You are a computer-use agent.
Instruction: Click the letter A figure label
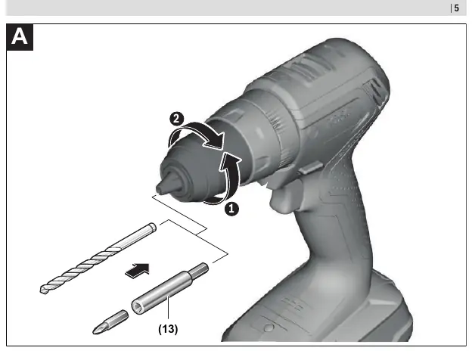(20, 37)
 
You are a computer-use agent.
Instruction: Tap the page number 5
(457, 8)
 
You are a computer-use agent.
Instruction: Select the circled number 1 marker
(231, 209)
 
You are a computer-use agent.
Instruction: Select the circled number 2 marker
(177, 119)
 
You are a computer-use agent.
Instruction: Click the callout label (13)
(168, 329)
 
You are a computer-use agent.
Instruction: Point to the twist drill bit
(98, 258)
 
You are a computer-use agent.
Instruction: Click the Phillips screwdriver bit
(110, 322)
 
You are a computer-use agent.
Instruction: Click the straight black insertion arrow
(138, 271)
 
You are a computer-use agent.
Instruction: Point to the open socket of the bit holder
(137, 308)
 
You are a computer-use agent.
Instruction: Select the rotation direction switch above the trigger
(309, 167)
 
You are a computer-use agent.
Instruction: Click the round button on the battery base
(269, 327)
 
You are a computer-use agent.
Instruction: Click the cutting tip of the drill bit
(43, 290)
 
